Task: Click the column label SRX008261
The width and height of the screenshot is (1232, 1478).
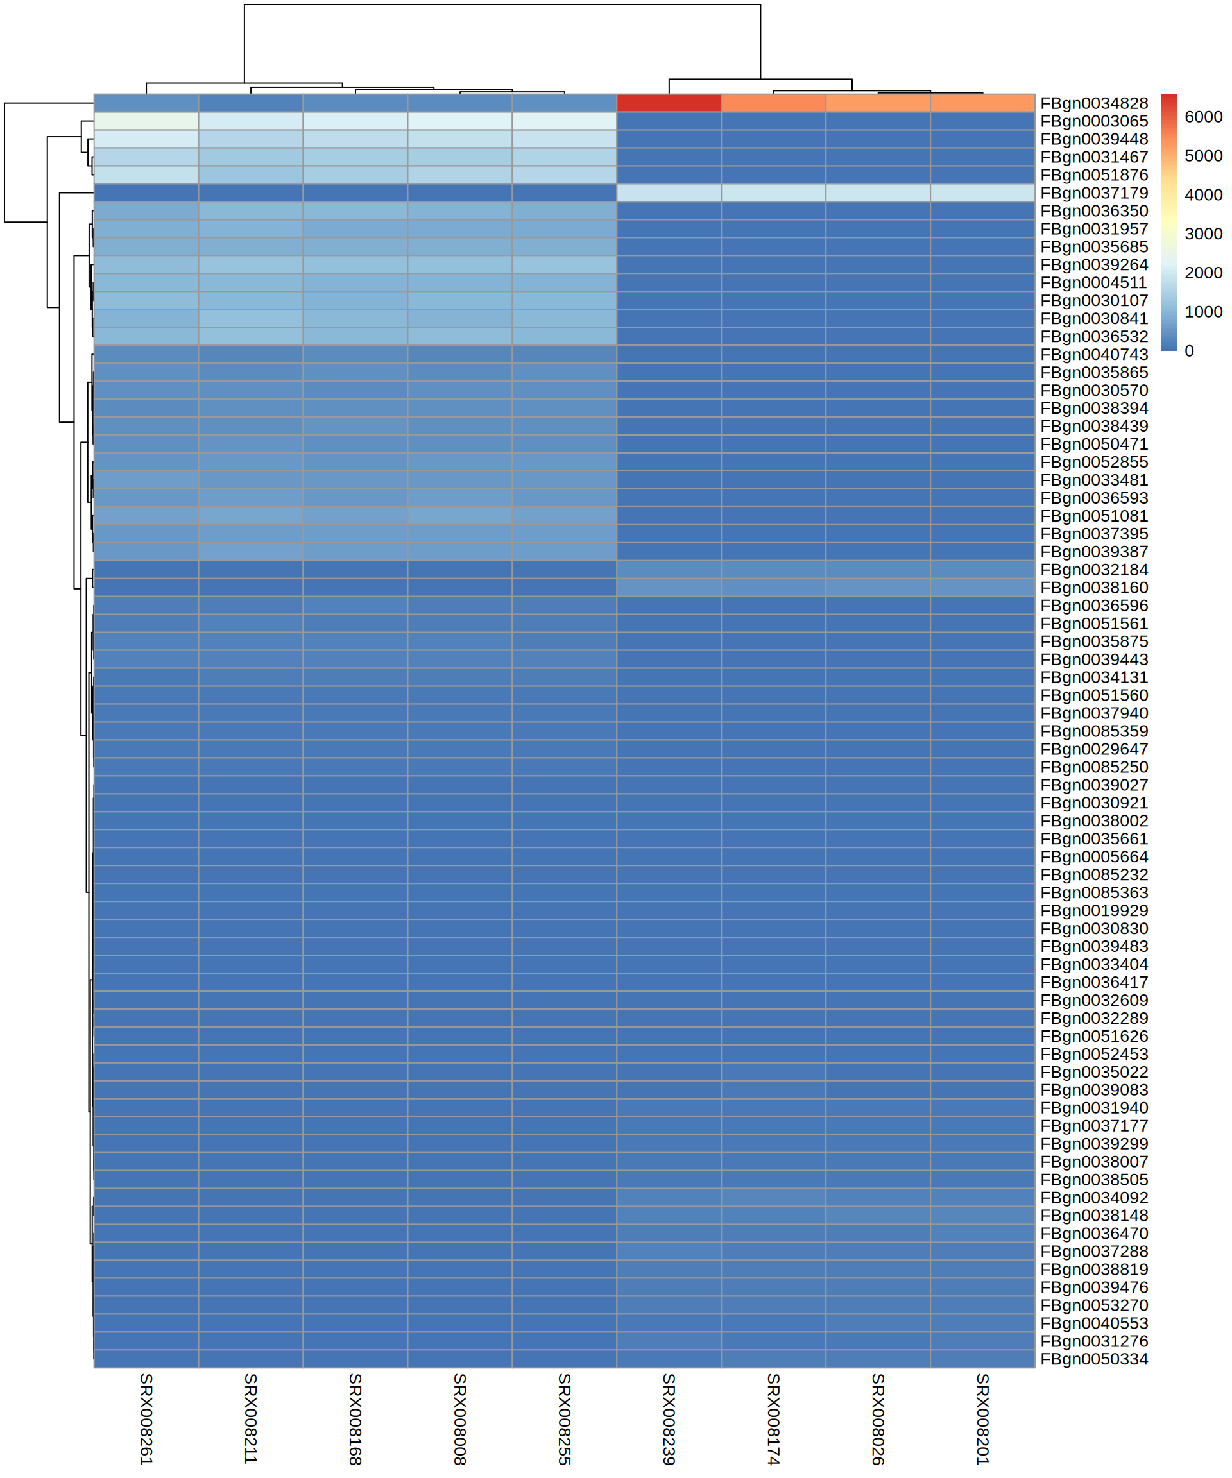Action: point(146,1419)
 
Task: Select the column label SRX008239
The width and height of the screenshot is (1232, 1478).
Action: point(669,1419)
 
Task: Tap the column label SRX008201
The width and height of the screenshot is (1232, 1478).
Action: point(982,1419)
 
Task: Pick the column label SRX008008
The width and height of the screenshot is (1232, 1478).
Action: point(459,1419)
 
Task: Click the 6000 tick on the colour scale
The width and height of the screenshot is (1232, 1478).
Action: point(1203,117)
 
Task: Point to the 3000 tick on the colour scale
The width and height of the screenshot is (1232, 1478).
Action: point(1203,234)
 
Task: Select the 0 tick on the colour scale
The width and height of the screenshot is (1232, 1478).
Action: point(1189,350)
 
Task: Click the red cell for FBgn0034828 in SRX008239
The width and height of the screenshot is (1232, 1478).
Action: point(669,103)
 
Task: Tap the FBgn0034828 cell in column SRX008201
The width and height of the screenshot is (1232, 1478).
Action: point(982,103)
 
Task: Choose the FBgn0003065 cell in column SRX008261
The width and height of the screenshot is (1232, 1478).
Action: point(146,121)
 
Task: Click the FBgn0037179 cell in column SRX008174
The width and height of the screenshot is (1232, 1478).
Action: point(773,193)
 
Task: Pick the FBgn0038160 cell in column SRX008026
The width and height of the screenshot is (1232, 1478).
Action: point(877,588)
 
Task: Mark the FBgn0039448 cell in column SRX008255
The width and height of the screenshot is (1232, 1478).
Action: point(564,139)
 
